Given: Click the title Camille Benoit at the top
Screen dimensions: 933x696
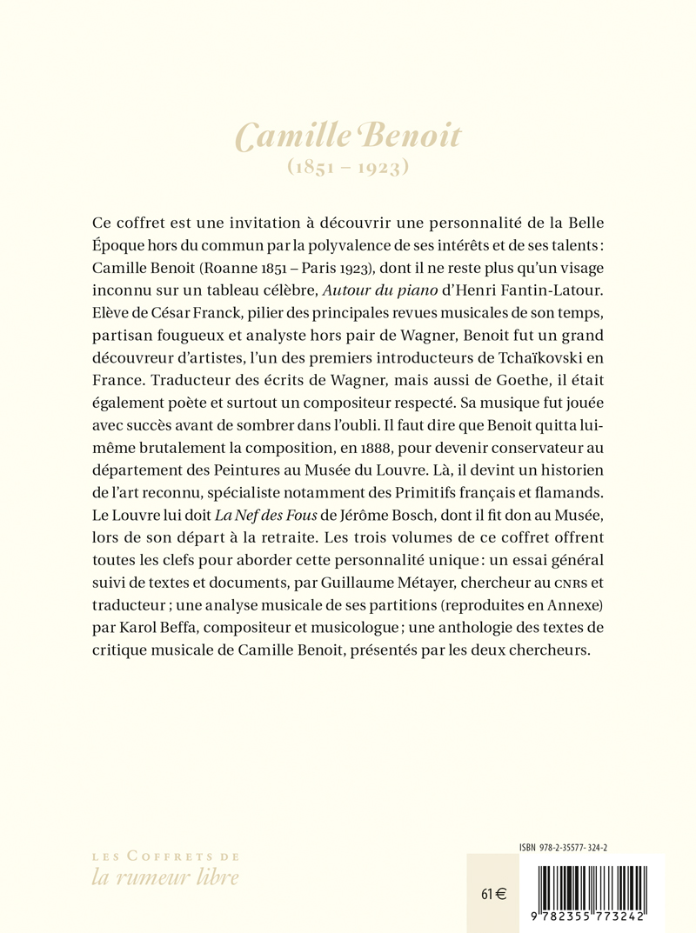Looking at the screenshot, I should (x=348, y=137).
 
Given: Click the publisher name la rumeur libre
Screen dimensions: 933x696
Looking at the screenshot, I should (x=165, y=877).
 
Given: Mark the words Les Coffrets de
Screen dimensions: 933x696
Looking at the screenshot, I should (x=165, y=856).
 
